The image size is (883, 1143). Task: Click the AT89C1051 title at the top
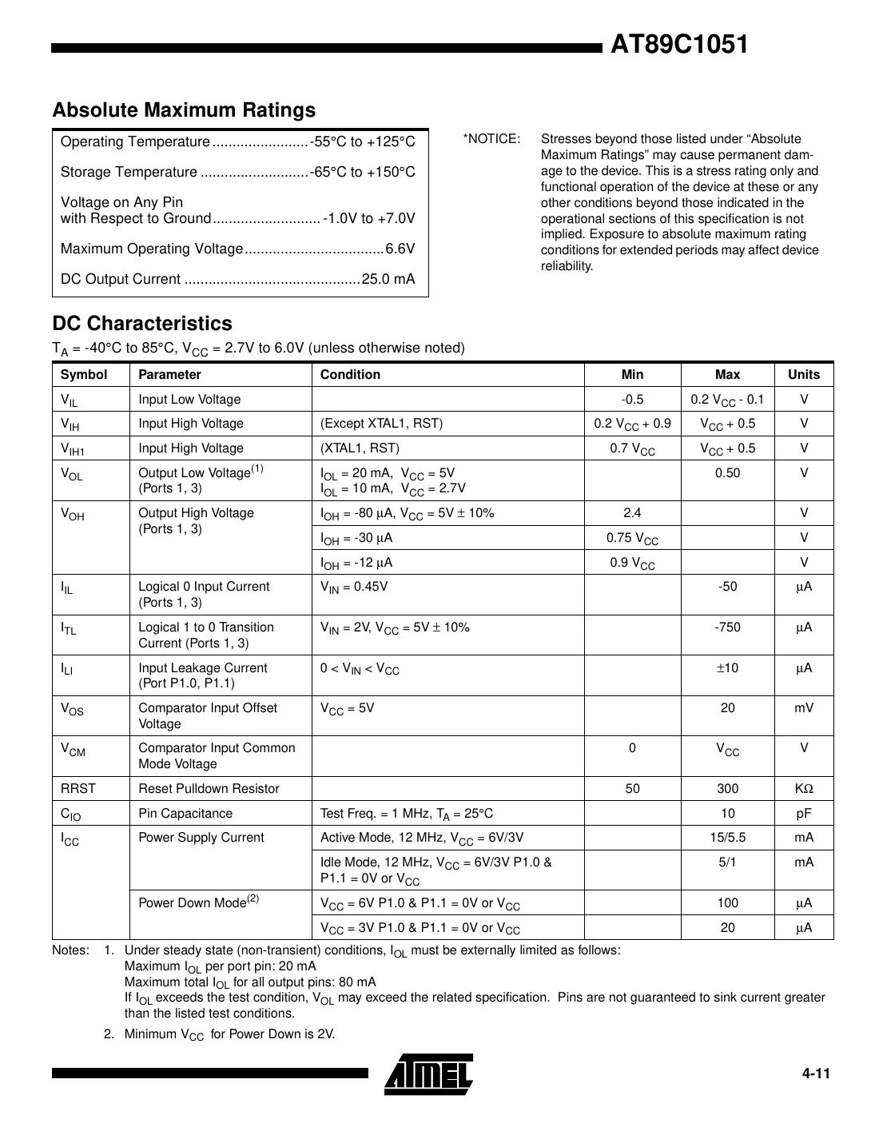pyautogui.click(x=678, y=45)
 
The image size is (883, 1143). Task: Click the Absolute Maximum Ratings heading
pyautogui.click(x=184, y=110)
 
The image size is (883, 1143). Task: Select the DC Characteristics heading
pyautogui.click(x=142, y=324)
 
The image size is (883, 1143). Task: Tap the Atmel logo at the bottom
pyautogui.click(x=428, y=1073)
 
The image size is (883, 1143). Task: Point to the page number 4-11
pyautogui.click(x=816, y=1073)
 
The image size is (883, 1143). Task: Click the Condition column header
pyautogui.click(x=350, y=375)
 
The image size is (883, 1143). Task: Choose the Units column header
pyautogui.click(x=803, y=375)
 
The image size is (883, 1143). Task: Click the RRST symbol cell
pyautogui.click(x=78, y=789)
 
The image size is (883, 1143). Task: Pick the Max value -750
pyautogui.click(x=727, y=627)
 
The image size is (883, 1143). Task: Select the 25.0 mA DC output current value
pyautogui.click(x=388, y=280)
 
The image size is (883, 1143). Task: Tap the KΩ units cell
pyautogui.click(x=803, y=789)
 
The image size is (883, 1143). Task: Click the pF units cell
pyautogui.click(x=803, y=814)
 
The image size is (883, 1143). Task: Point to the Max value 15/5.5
pyautogui.click(x=727, y=838)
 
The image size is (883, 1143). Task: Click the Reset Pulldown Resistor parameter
pyautogui.click(x=209, y=789)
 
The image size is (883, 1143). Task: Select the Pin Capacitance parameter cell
pyautogui.click(x=185, y=814)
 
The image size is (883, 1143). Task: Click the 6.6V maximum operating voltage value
pyautogui.click(x=400, y=249)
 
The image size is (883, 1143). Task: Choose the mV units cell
pyautogui.click(x=803, y=708)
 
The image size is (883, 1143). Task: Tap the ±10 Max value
pyautogui.click(x=727, y=668)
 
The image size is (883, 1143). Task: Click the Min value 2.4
pyautogui.click(x=632, y=513)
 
